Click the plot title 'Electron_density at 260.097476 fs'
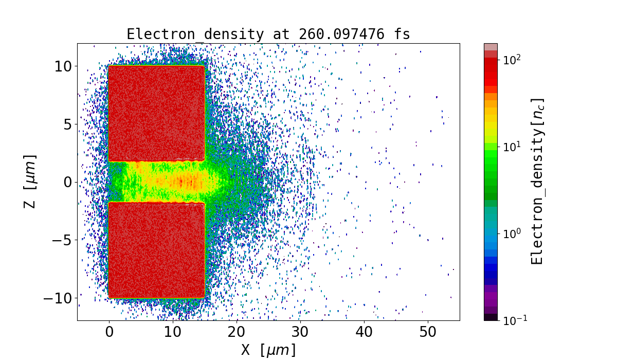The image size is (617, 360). [268, 34]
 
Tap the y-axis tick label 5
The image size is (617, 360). [67, 124]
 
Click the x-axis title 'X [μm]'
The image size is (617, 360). [268, 350]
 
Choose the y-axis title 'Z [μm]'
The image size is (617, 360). [31, 182]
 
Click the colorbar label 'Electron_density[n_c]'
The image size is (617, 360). [537, 182]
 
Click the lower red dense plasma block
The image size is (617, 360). [156, 249]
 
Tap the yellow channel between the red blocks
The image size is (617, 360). [170, 181]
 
